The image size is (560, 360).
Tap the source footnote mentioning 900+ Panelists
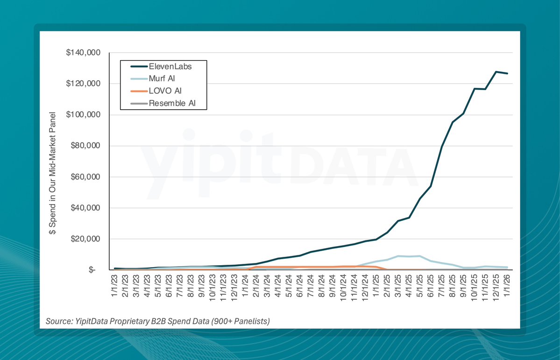158,321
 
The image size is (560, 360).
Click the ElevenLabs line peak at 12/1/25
496,71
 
